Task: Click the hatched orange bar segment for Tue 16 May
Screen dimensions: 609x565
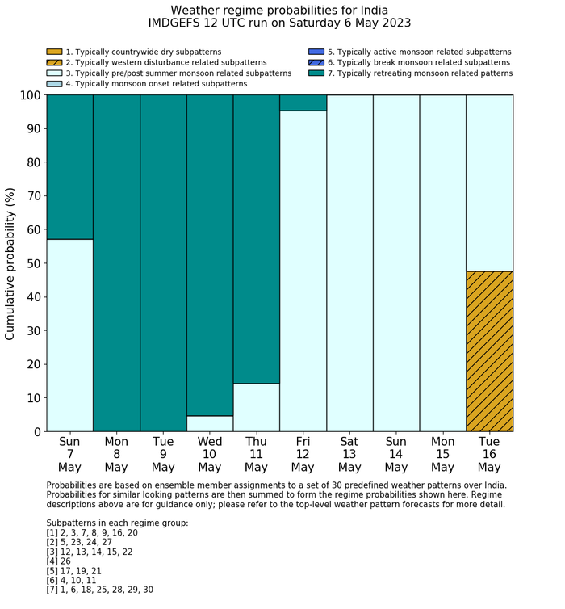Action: (x=489, y=351)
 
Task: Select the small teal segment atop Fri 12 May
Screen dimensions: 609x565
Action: (x=303, y=103)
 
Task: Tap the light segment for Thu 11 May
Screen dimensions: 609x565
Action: (x=256, y=407)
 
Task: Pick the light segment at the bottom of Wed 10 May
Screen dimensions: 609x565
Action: (x=210, y=423)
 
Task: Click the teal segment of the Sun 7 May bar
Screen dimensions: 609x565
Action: (x=69, y=166)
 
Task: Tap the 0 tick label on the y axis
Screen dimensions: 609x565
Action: (x=36, y=432)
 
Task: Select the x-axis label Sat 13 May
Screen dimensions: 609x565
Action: (x=349, y=454)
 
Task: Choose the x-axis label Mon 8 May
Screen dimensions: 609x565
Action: (x=116, y=454)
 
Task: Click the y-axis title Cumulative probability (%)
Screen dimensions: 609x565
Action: (x=10, y=263)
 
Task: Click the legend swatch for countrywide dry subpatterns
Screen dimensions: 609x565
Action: (x=54, y=52)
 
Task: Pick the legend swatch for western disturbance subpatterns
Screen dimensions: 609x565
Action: (x=54, y=62)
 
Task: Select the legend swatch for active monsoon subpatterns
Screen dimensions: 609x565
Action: (x=316, y=52)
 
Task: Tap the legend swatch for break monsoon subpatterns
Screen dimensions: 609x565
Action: (x=316, y=62)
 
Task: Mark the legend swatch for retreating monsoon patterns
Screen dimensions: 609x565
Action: (x=316, y=73)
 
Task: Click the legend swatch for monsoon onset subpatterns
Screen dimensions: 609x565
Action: (x=54, y=83)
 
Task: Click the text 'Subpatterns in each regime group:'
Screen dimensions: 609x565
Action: (x=117, y=523)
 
